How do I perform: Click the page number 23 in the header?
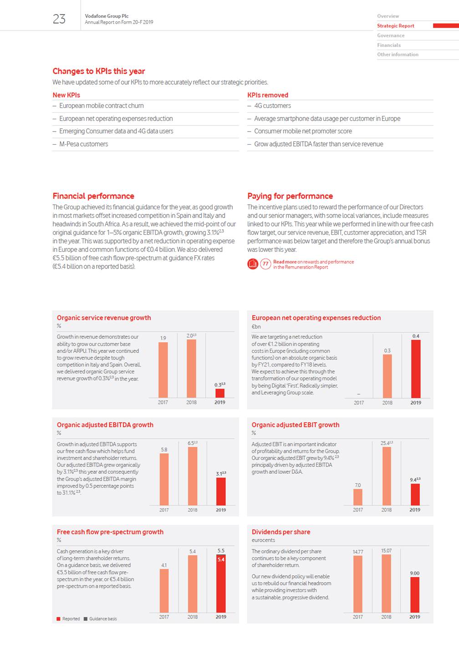point(59,19)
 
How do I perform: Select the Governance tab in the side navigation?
point(391,35)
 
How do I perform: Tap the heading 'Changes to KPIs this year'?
point(99,71)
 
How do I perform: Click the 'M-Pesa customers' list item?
point(83,144)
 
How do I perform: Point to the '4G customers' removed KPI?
point(272,106)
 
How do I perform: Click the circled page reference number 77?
point(265,264)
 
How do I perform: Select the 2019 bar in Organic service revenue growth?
point(220,393)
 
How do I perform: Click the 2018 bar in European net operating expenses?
point(387,376)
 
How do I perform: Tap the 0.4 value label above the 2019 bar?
point(416,336)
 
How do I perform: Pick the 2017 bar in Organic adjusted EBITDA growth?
point(164,479)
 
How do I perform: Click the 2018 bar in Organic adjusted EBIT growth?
point(387,476)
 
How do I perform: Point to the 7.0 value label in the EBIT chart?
point(358,485)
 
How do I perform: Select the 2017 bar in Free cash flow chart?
point(164,591)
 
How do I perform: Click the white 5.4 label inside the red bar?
point(221,560)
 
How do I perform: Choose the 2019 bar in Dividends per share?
point(415,595)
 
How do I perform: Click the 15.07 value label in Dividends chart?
point(386,551)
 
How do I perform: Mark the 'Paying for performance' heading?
point(290,196)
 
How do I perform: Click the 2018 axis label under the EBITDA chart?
point(193,510)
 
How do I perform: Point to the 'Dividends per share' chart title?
point(281,532)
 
